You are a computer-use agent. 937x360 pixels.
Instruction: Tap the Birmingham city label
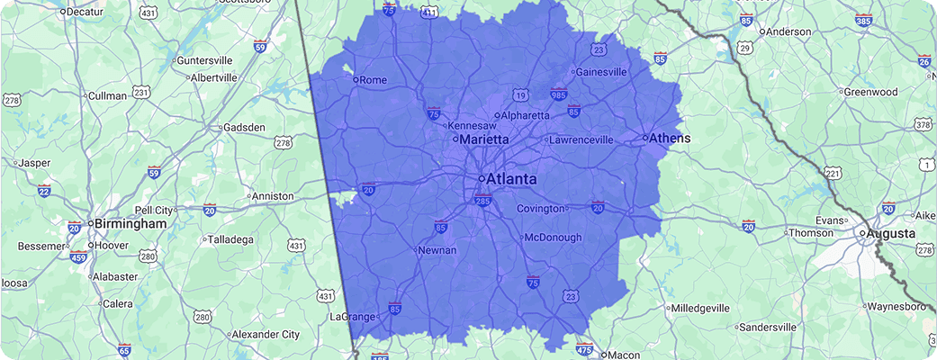127,223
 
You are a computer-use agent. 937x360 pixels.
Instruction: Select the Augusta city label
890,234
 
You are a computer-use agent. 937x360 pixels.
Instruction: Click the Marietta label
485,140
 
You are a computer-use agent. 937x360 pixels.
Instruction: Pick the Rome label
373,80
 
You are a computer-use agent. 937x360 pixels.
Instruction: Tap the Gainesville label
600,72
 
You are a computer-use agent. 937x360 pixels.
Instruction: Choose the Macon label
624,355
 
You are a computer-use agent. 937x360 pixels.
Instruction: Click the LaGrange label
351,318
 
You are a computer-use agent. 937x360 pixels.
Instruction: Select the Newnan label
439,250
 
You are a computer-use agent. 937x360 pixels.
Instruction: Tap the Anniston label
273,196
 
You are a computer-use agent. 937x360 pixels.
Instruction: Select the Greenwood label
870,92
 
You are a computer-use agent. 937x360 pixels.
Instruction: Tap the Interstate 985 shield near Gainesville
559,94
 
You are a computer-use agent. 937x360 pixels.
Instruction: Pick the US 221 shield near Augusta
833,173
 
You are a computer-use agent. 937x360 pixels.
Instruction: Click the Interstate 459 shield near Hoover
78,257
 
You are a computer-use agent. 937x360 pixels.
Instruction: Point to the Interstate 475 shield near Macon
584,347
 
